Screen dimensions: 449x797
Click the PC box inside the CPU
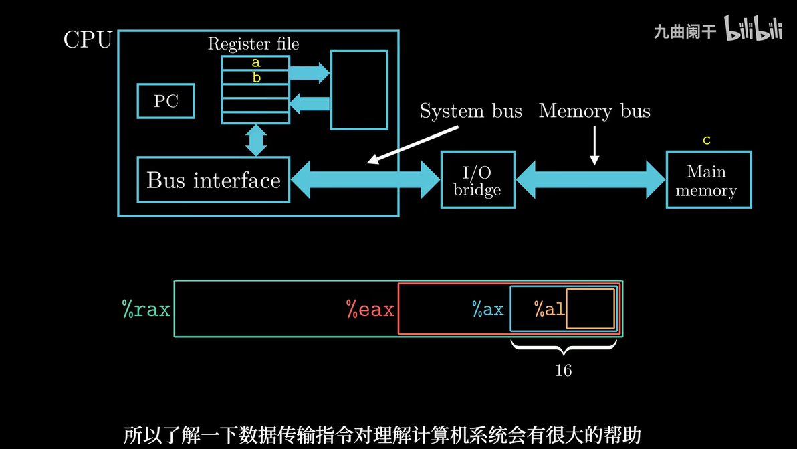166,101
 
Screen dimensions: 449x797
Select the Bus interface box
213,180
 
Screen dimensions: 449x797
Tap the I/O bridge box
477,180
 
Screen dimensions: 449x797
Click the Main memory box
708,181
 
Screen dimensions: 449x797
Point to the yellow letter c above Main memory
707,141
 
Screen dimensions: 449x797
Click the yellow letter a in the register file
255,63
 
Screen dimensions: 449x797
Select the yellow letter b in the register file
256,78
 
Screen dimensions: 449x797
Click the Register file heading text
253,44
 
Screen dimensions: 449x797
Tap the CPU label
88,40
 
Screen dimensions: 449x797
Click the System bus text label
471,111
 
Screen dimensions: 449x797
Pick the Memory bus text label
594,111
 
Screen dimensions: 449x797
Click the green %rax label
146,310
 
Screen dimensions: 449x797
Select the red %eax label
370,310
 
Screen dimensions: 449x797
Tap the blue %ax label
487,310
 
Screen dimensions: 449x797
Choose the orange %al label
549,310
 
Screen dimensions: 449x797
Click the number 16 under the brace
563,371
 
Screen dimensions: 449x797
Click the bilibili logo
754,30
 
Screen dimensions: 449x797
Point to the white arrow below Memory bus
594,147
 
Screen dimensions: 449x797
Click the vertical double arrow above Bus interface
256,141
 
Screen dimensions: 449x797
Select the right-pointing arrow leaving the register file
310,72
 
